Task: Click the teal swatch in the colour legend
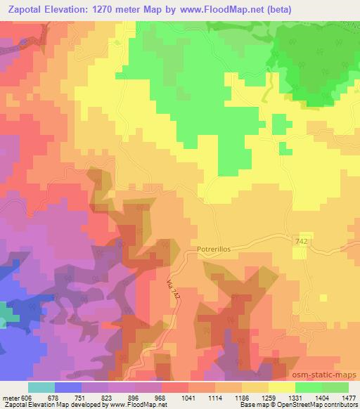pyautogui.click(x=41, y=387)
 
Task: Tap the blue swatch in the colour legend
pyautogui.click(x=68, y=387)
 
